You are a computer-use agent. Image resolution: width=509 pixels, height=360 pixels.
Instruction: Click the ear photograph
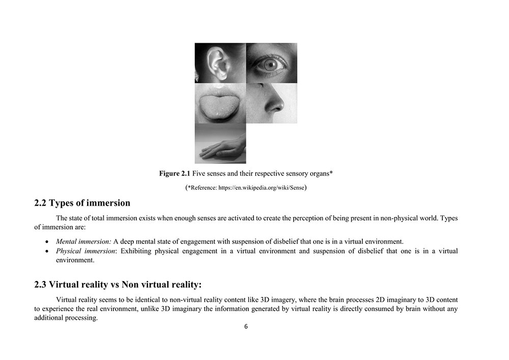click(x=220, y=63)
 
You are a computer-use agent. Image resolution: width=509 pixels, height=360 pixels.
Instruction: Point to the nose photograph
click(x=272, y=103)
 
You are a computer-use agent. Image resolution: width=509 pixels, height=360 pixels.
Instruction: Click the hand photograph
click(x=220, y=144)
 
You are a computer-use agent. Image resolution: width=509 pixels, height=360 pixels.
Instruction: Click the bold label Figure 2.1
click(x=175, y=174)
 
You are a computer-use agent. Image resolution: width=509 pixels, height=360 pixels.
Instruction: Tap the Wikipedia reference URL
click(x=261, y=188)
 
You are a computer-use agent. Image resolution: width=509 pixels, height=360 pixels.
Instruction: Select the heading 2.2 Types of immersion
click(x=82, y=203)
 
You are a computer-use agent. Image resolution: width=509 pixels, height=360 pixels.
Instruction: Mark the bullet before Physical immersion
click(x=47, y=252)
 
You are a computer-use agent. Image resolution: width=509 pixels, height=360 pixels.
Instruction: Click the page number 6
click(x=246, y=327)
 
